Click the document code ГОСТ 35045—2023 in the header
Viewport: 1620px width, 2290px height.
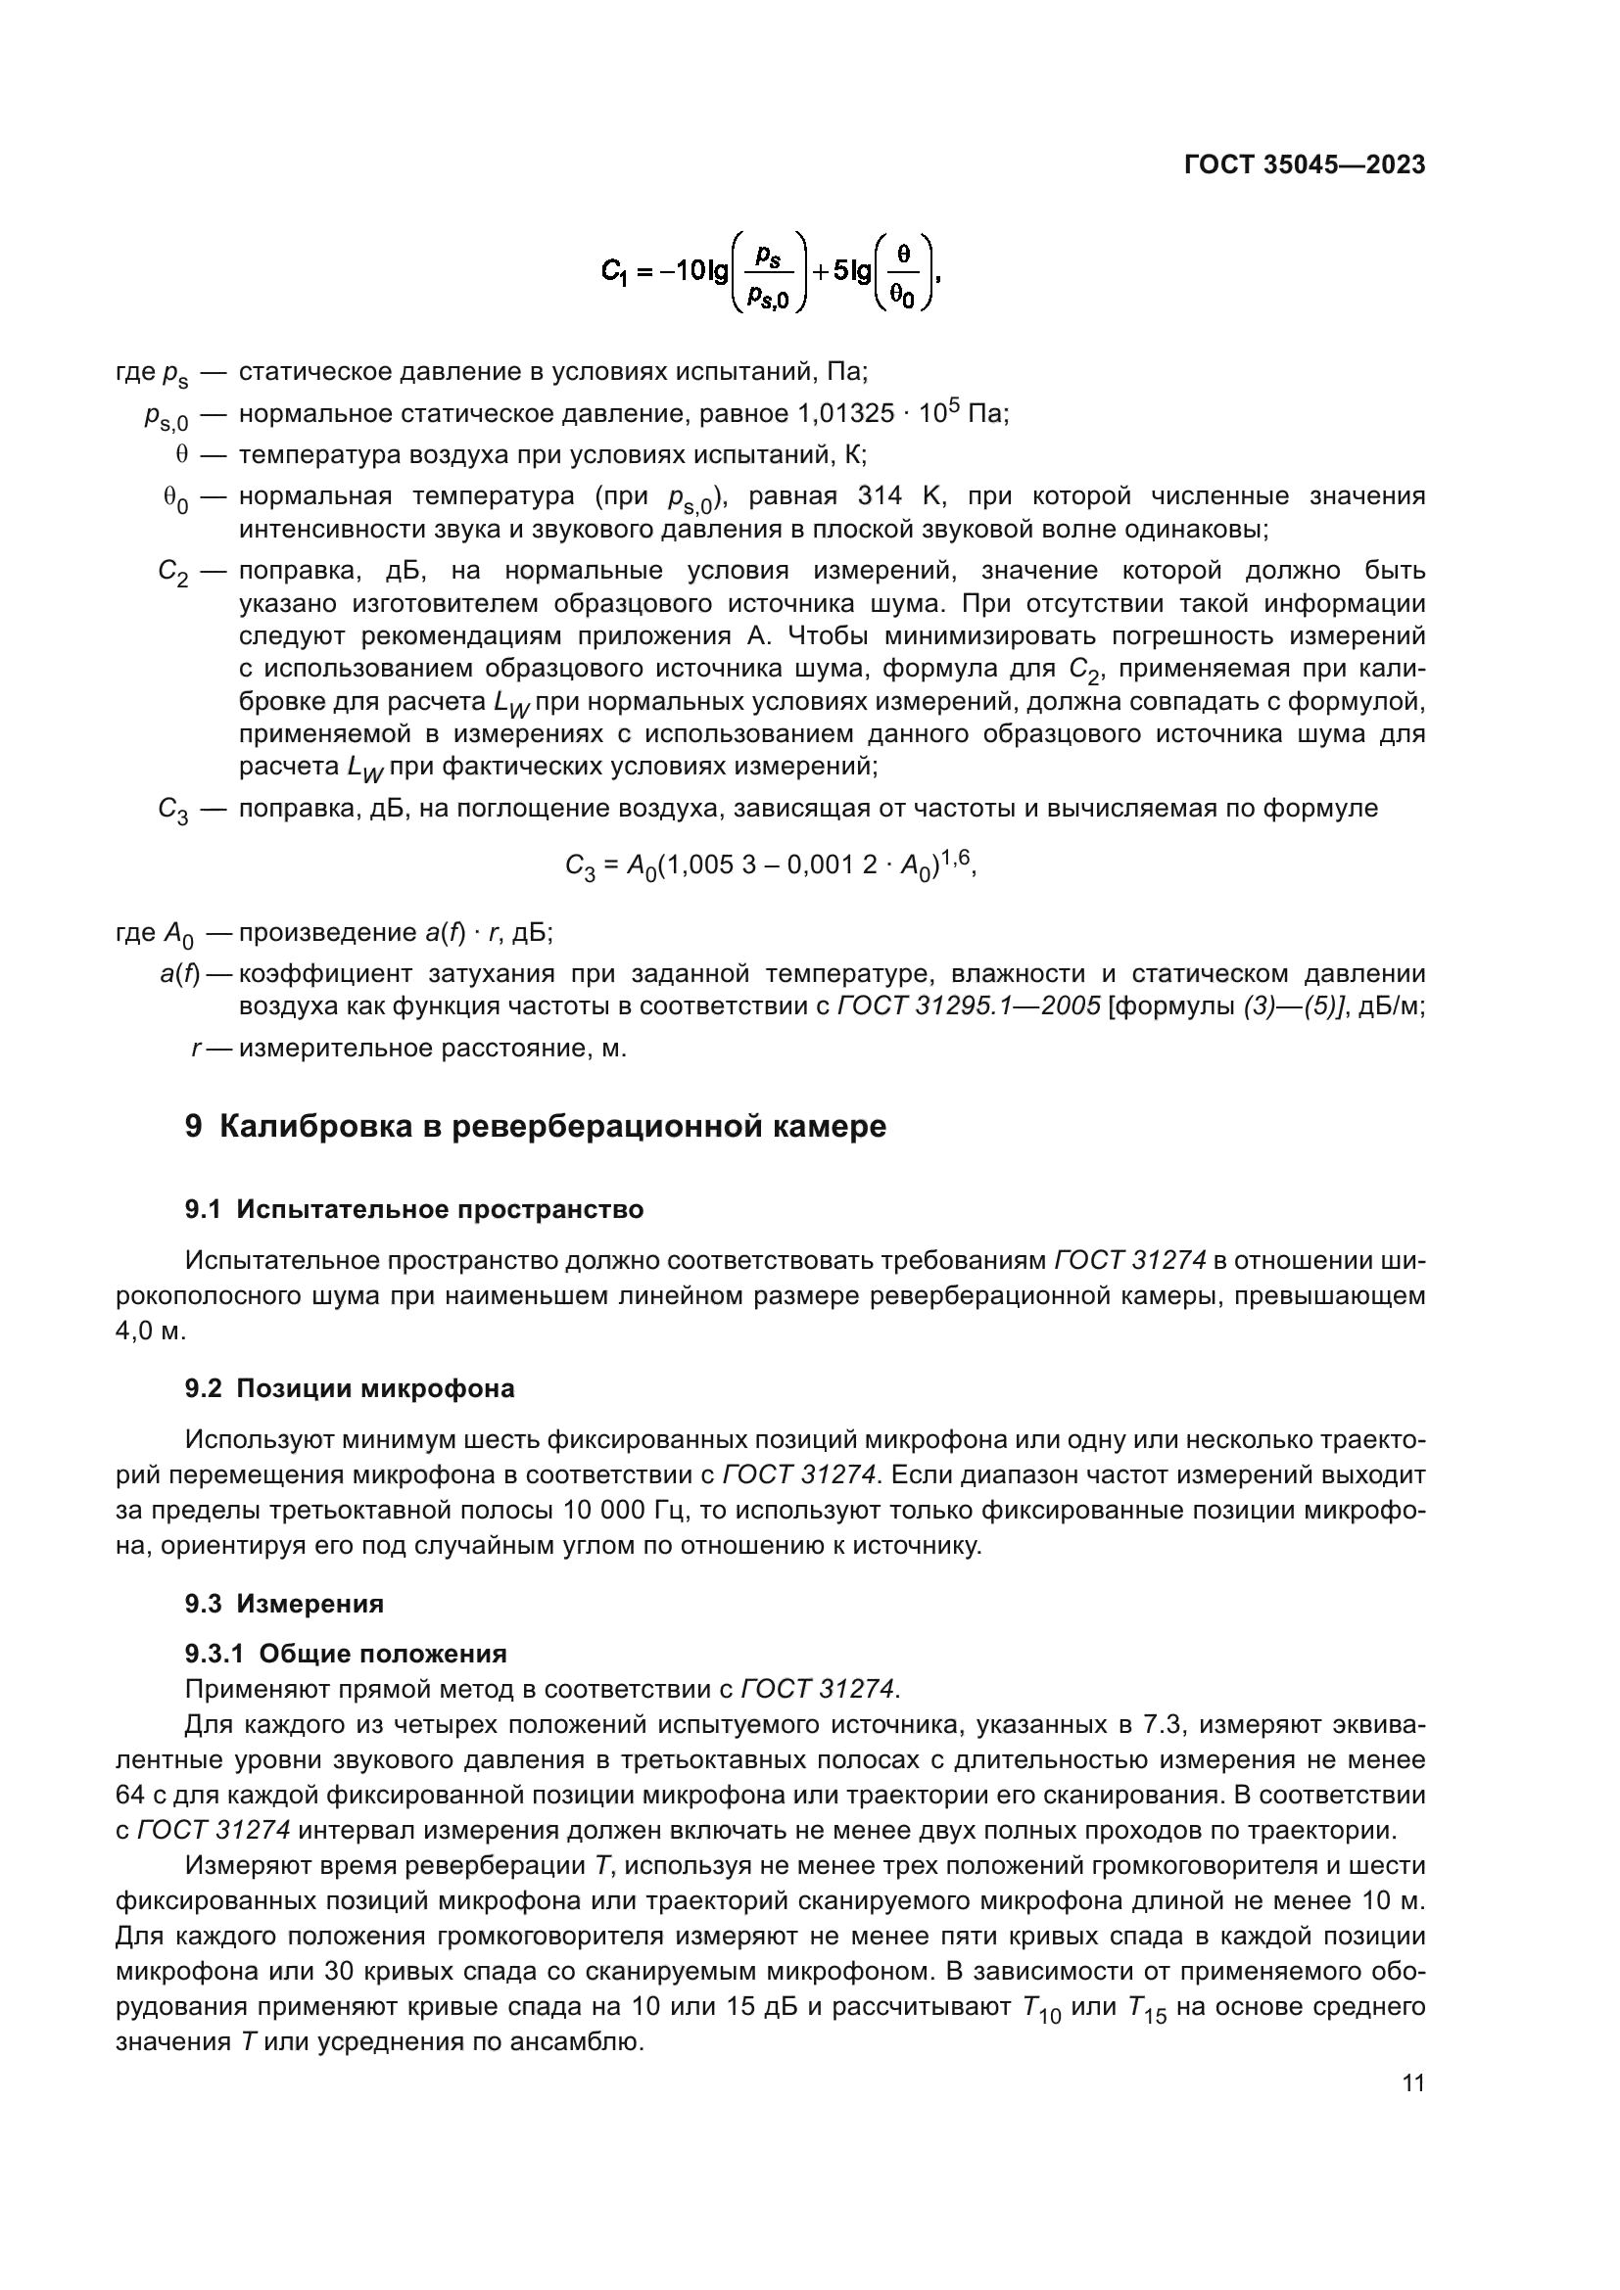pyautogui.click(x=1305, y=165)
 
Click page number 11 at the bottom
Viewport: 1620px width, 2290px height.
pyautogui.click(x=1412, y=2083)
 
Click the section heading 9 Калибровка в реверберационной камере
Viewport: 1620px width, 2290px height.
pyautogui.click(x=536, y=1126)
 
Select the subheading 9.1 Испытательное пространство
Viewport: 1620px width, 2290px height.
pyautogui.click(x=414, y=1210)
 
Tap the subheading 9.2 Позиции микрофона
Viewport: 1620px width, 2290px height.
pyautogui.click(x=349, y=1388)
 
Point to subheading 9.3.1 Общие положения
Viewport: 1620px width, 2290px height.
pyautogui.click(x=345, y=1654)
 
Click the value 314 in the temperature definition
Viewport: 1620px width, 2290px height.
pyautogui.click(x=879, y=495)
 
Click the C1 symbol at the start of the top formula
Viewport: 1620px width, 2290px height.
pyautogui.click(x=615, y=271)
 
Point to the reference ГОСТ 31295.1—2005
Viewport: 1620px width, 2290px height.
pyautogui.click(x=969, y=1006)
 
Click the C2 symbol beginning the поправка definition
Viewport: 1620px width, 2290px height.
pyautogui.click(x=172, y=573)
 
